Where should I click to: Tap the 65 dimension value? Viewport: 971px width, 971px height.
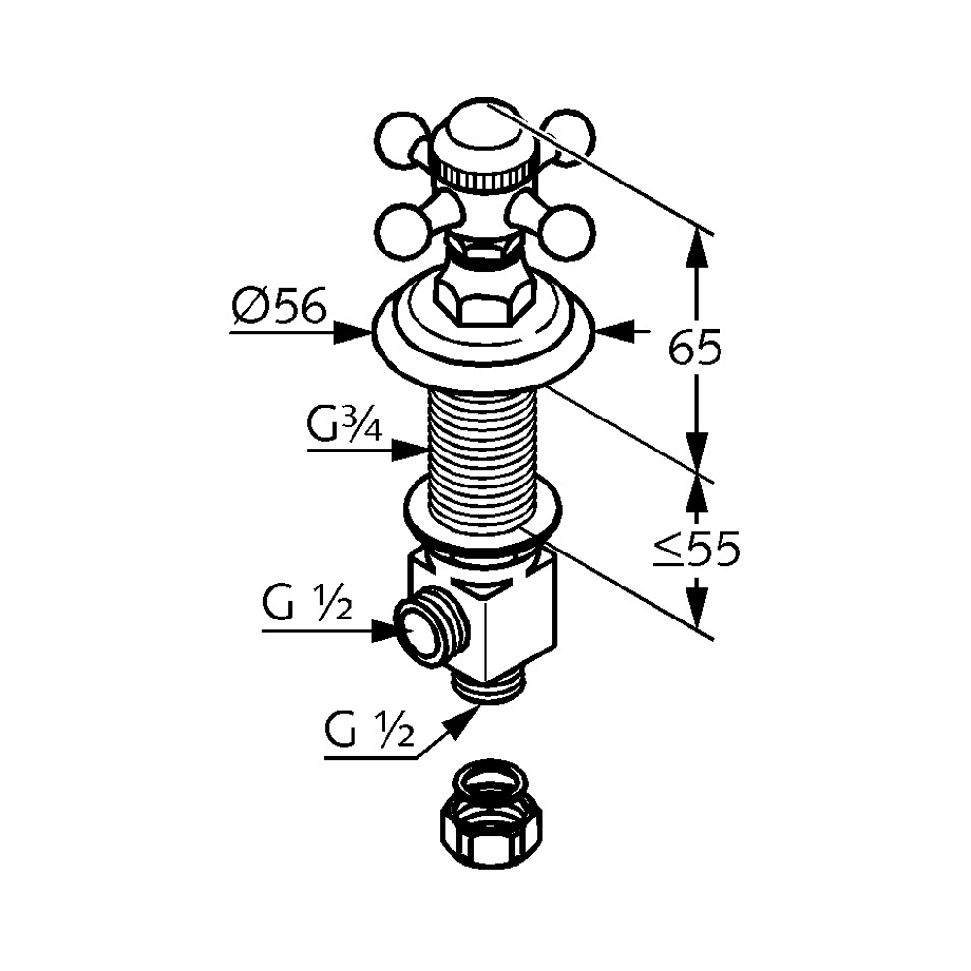695,347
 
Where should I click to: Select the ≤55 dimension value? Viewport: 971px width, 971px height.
695,551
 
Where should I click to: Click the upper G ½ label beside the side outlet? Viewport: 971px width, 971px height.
303,609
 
